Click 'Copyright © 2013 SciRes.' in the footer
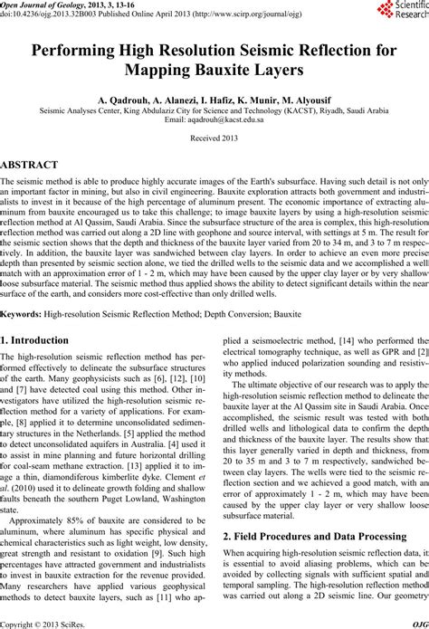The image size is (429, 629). click(40, 623)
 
